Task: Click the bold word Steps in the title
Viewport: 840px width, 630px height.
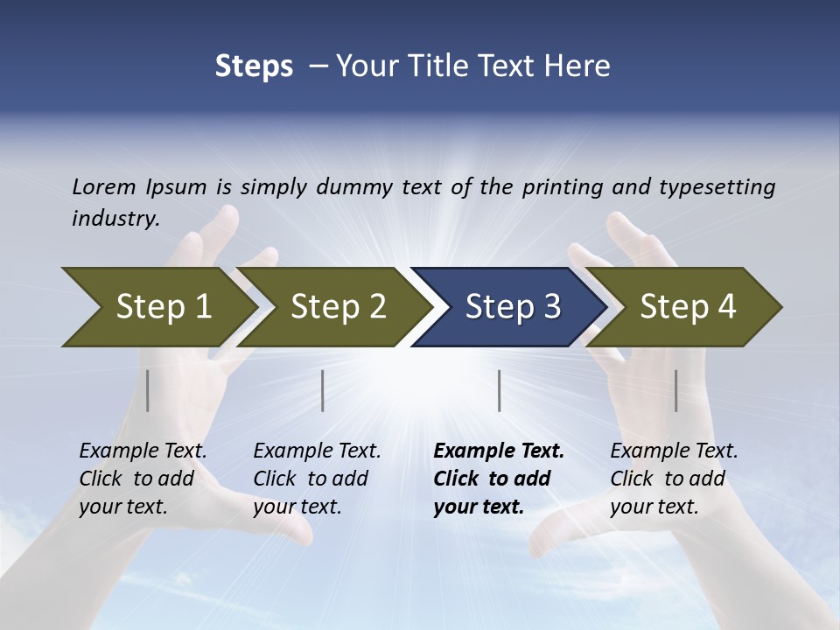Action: [254, 66]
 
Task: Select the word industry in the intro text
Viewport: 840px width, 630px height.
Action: [115, 218]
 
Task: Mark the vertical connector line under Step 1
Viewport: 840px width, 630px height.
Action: [148, 390]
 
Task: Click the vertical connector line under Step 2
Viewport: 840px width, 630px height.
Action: [323, 390]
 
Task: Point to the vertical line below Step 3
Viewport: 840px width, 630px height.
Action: [499, 390]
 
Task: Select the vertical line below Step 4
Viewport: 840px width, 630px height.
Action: [676, 390]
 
